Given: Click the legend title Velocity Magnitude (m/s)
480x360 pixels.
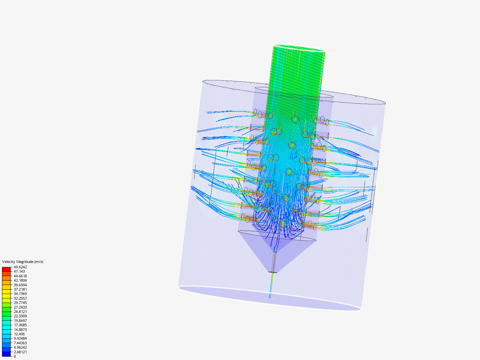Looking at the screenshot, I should point(23,262).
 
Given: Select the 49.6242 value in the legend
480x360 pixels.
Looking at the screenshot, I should point(20,267).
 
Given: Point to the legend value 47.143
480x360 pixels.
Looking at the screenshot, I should point(19,272).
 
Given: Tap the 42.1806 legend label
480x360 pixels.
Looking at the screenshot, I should point(20,281).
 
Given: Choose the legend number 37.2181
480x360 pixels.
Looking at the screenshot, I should point(20,289).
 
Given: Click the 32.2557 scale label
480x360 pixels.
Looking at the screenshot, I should point(20,298).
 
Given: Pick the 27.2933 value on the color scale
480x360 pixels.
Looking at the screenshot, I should point(20,307).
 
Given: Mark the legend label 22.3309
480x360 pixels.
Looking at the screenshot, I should point(20,316).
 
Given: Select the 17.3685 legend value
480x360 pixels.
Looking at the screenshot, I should point(20,325).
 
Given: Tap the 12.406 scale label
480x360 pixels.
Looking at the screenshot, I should point(19,334).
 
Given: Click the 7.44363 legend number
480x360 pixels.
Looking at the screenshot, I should point(20,343).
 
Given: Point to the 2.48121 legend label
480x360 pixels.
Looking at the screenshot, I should point(20,352).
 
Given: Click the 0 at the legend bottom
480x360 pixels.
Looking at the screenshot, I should point(15,356).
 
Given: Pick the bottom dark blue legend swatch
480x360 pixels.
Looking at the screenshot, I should point(6,354).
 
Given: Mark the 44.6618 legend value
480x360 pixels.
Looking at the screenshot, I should point(20,276).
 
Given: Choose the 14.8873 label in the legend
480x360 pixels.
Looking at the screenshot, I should point(20,330).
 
